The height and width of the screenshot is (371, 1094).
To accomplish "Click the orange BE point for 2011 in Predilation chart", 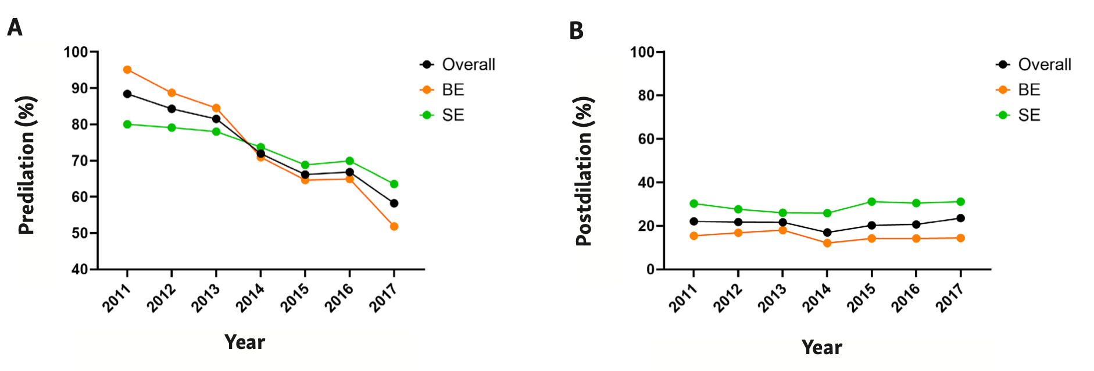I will point(127,70).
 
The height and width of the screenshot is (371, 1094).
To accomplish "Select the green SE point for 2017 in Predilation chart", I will point(394,184).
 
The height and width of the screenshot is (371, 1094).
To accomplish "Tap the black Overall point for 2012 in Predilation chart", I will point(171,109).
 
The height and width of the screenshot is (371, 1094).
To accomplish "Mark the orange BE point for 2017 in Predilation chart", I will point(394,226).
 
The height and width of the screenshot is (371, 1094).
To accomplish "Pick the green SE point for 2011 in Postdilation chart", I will point(693,204).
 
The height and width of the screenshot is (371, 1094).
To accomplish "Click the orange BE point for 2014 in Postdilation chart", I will point(827,243).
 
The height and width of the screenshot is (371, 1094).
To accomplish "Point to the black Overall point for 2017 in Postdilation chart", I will point(960,218).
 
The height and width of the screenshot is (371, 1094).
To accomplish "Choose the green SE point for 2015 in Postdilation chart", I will point(871,202).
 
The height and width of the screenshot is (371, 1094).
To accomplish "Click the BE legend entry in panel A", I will point(453,90).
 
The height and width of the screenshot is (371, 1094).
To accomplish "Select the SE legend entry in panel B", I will point(1029,115).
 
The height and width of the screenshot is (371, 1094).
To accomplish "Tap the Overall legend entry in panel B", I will point(1044,65).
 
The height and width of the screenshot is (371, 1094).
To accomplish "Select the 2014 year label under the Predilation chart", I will point(250,297).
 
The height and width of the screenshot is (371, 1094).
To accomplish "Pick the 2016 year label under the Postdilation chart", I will point(906,297).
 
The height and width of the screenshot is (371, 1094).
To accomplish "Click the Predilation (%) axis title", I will point(27,165).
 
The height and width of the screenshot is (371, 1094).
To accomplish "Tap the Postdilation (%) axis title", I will point(584,171).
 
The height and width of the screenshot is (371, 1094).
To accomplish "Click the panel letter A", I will point(15,27).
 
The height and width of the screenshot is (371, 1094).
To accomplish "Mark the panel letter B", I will point(576,30).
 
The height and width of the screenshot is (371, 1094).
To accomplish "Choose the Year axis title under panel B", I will point(821,347).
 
